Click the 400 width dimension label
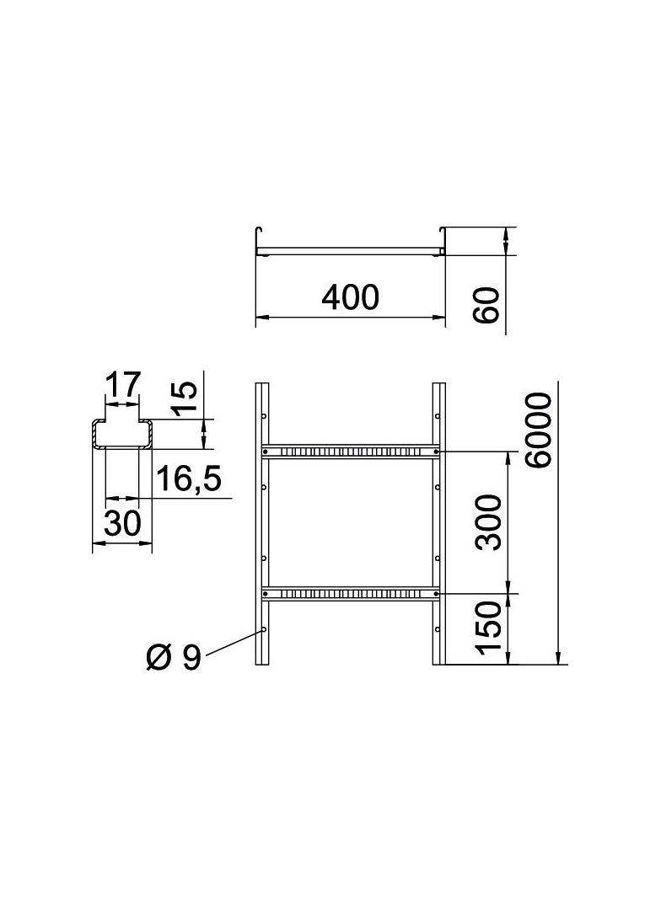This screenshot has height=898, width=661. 350,297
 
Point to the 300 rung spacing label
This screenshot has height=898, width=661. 489,522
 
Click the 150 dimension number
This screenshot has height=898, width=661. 489,629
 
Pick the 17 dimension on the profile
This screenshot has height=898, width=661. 122,386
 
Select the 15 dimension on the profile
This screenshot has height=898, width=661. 187,400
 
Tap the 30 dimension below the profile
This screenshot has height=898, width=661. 121,524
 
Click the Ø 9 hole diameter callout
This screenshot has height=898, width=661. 173,656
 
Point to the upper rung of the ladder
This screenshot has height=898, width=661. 350,452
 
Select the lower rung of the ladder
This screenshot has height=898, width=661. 350,594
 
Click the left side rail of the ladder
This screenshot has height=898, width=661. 261,522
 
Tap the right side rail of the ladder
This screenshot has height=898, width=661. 438,522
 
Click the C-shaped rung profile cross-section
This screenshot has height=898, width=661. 122,433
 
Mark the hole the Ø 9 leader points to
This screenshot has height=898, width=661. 265,629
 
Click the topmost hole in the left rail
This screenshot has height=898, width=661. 265,416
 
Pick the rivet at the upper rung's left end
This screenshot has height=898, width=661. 266,452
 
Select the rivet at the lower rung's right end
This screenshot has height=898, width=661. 435,594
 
